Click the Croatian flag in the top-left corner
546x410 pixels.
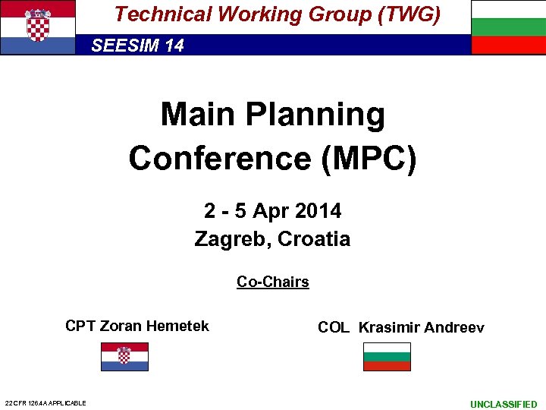point(38,27)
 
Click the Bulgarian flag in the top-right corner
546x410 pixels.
point(508,27)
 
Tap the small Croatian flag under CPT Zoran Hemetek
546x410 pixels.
point(125,356)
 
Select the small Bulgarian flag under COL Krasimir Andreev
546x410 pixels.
point(387,356)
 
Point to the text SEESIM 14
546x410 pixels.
point(137,46)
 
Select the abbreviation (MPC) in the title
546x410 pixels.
point(369,158)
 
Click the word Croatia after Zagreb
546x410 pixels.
point(314,239)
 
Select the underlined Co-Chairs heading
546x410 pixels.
point(273,282)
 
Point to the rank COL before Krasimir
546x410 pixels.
point(334,328)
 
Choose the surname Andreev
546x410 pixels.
point(454,328)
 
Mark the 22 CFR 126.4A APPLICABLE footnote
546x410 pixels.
point(45,403)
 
